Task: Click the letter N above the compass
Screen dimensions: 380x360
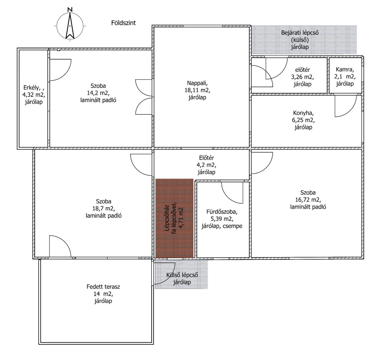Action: (x=70, y=10)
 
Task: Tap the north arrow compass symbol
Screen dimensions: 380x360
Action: (x=70, y=26)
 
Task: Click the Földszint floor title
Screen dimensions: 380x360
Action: (x=123, y=23)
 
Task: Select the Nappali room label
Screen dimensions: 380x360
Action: (x=197, y=83)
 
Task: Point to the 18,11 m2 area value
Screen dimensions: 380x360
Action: (x=197, y=90)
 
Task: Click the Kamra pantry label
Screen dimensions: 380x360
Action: (x=345, y=69)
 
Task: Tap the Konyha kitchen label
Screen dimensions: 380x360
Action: (x=303, y=113)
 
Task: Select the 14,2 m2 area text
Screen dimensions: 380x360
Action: (x=98, y=93)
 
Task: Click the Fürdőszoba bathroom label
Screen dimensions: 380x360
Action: (x=222, y=211)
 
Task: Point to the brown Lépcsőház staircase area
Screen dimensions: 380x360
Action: (x=174, y=218)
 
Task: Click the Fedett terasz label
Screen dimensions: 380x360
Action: (x=103, y=287)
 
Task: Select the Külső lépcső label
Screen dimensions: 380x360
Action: (x=182, y=275)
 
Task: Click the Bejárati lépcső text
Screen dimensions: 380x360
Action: (x=300, y=33)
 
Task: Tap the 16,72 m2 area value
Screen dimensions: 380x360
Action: (x=308, y=200)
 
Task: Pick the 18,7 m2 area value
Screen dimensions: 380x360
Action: (x=104, y=208)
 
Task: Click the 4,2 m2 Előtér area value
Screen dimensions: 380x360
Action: (x=206, y=165)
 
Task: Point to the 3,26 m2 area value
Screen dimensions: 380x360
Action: (x=302, y=77)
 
